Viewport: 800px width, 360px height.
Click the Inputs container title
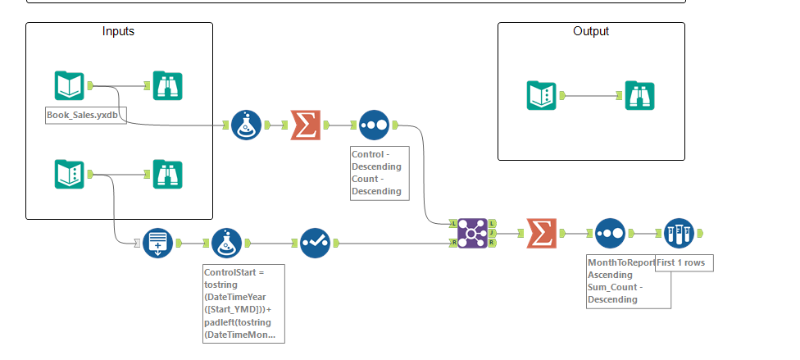118,31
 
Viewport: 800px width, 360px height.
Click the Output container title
590,31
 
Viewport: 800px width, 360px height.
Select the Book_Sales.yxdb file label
86,116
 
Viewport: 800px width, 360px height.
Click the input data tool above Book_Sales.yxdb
70,85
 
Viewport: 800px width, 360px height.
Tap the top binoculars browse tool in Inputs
168,85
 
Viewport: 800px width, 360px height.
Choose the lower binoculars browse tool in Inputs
168,174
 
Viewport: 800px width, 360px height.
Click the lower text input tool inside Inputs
70,174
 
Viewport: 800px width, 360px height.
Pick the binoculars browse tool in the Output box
639,95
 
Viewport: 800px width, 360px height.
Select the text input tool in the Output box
541,95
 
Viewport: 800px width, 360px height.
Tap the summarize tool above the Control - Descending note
305,125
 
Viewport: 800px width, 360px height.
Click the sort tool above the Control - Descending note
374,125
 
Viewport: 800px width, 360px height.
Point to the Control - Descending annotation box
377,172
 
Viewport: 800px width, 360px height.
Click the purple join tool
473,233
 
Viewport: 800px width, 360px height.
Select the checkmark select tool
315,243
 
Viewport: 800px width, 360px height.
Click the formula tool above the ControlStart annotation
226,243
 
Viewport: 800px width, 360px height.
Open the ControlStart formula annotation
243,303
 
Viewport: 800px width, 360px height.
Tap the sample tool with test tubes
680,233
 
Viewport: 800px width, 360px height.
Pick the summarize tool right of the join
541,233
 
